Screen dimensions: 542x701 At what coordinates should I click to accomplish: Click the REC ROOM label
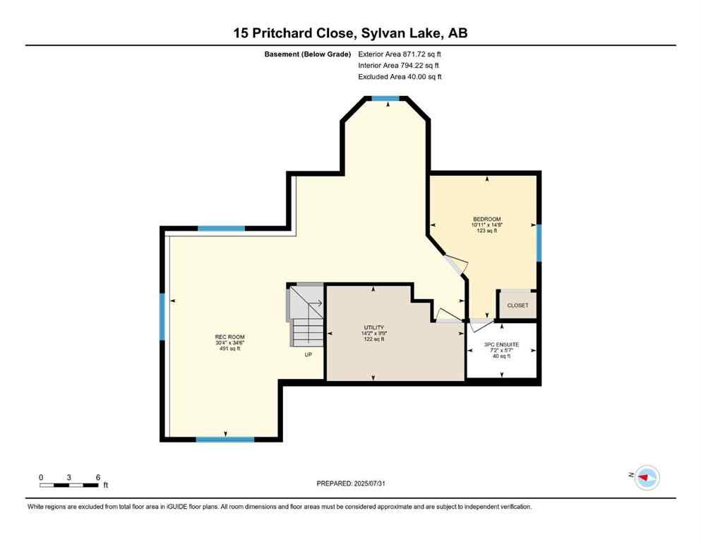point(229,337)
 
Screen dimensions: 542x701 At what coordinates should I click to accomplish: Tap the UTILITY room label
point(373,327)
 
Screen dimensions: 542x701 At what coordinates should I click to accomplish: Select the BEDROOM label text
point(486,219)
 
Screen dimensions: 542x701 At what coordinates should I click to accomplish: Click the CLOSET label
point(517,306)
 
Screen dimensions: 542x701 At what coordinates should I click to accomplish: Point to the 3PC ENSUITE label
point(502,344)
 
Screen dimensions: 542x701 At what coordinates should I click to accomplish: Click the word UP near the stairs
point(308,354)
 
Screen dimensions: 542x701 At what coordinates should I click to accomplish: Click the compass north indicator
point(646,478)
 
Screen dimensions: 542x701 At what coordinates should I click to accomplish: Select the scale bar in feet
point(68,484)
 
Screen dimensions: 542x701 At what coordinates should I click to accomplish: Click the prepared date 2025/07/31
point(351,483)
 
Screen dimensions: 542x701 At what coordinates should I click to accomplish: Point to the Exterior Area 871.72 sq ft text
point(400,54)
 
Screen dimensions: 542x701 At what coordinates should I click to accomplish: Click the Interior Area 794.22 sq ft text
point(399,65)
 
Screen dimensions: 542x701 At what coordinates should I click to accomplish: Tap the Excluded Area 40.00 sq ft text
point(400,76)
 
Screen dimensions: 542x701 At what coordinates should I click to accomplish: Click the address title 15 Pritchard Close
point(350,32)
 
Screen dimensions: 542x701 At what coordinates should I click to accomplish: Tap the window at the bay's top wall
point(385,99)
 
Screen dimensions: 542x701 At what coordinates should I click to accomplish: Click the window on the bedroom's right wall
point(538,243)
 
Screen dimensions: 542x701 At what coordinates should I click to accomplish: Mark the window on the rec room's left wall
point(162,317)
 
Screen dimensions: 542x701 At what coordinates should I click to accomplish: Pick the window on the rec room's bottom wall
point(224,439)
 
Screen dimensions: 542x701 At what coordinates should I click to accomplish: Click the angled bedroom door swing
point(455,265)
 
